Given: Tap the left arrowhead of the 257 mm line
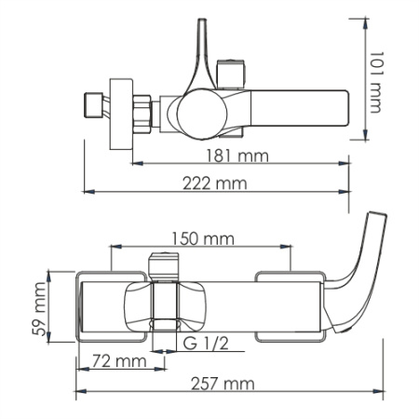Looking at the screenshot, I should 78,391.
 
